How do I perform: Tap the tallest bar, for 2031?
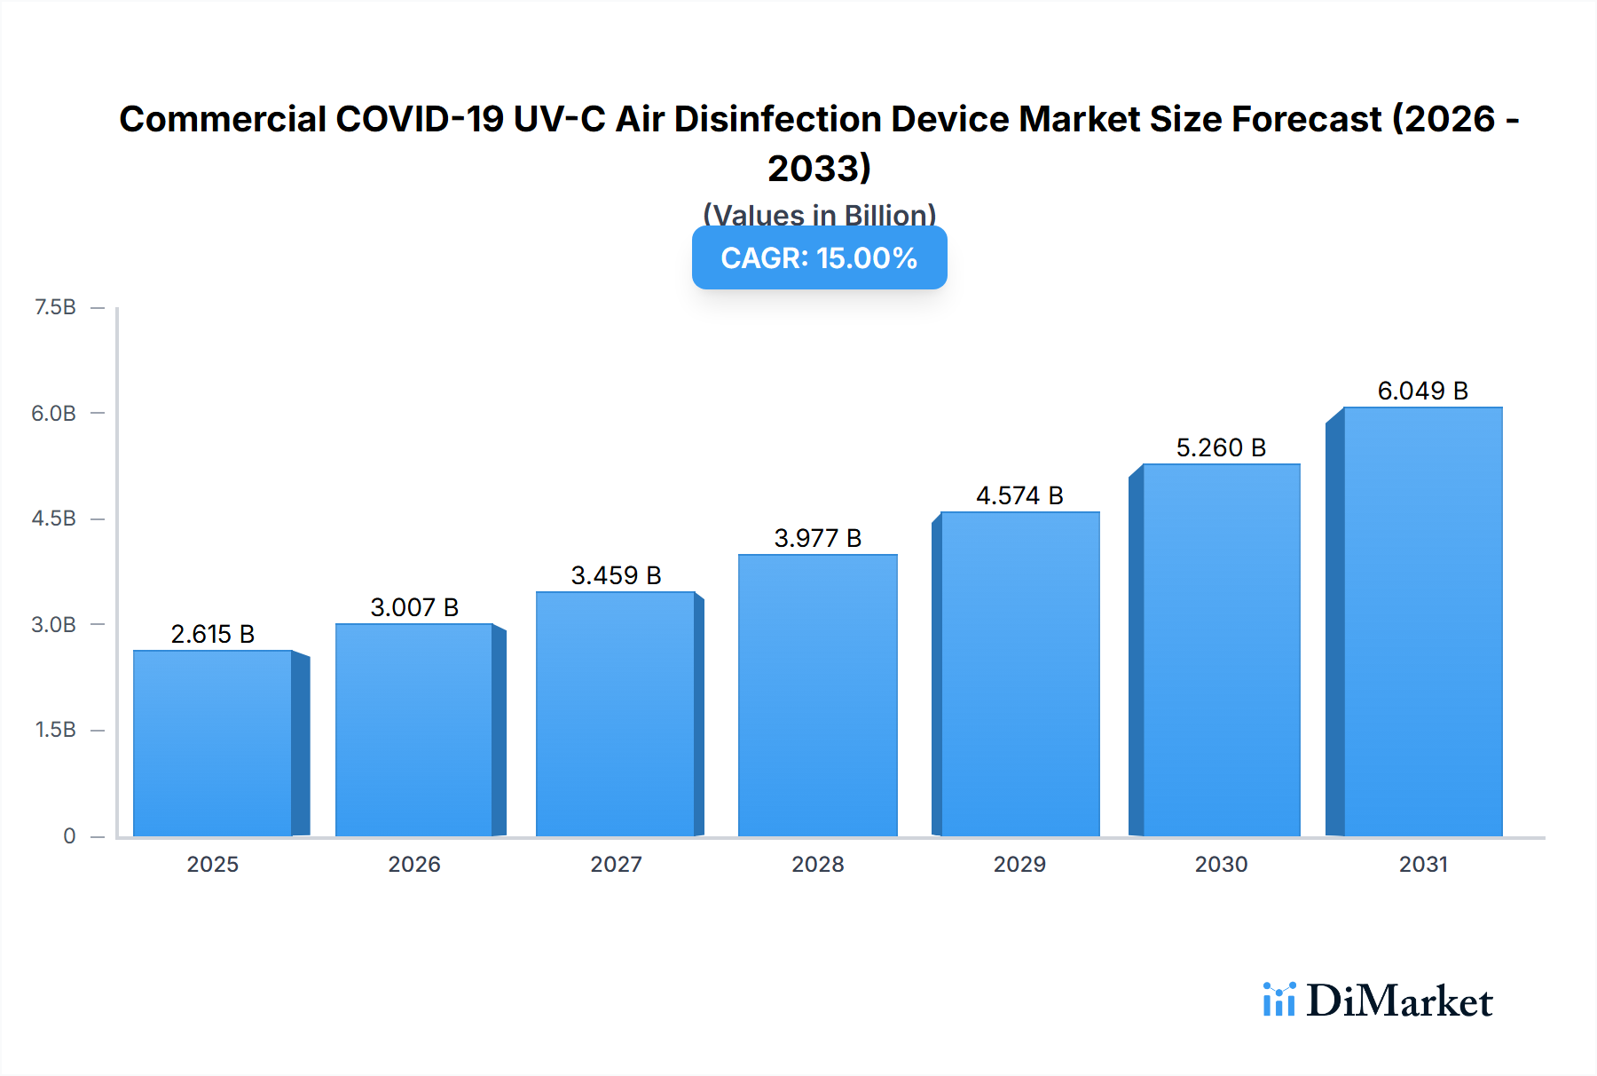pos(1422,621)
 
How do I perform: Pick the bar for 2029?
pos(1019,674)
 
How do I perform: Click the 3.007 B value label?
pos(414,607)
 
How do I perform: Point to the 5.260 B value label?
pos(1221,447)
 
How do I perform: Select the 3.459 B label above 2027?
pos(616,575)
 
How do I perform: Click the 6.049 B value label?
pos(1422,391)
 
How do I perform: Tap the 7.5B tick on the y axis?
pos(55,307)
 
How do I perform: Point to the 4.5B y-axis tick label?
pos(54,518)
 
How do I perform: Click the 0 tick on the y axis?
pos(69,836)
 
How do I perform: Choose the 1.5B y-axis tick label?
pos(55,730)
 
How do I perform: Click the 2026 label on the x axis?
pos(414,864)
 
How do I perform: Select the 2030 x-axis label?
pos(1221,864)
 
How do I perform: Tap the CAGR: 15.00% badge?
pos(819,258)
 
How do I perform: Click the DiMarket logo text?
pos(1399,1001)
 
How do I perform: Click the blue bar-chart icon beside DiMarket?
pos(1278,1000)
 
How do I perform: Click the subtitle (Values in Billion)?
pos(819,215)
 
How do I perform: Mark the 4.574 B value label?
pos(1019,495)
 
